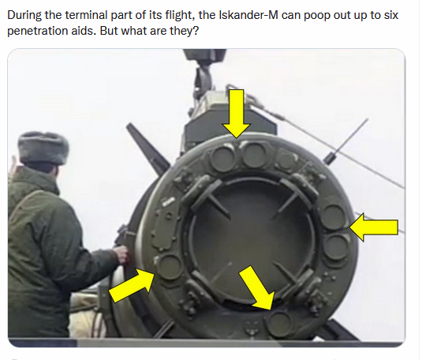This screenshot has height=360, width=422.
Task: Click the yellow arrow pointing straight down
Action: [237, 113]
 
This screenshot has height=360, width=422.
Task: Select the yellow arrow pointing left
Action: [374, 227]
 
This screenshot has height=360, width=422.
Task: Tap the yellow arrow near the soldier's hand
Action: [132, 286]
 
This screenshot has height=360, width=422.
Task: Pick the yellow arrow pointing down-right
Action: [257, 287]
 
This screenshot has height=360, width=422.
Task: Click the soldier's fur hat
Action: [43, 148]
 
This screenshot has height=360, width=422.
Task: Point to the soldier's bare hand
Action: [121, 254]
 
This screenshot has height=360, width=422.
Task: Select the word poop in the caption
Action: [318, 16]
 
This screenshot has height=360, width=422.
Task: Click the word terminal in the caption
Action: [87, 15]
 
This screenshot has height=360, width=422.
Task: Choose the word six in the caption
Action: [391, 15]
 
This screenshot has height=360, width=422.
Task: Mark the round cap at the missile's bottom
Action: [279, 324]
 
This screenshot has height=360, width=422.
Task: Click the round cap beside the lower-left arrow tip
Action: [169, 267]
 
